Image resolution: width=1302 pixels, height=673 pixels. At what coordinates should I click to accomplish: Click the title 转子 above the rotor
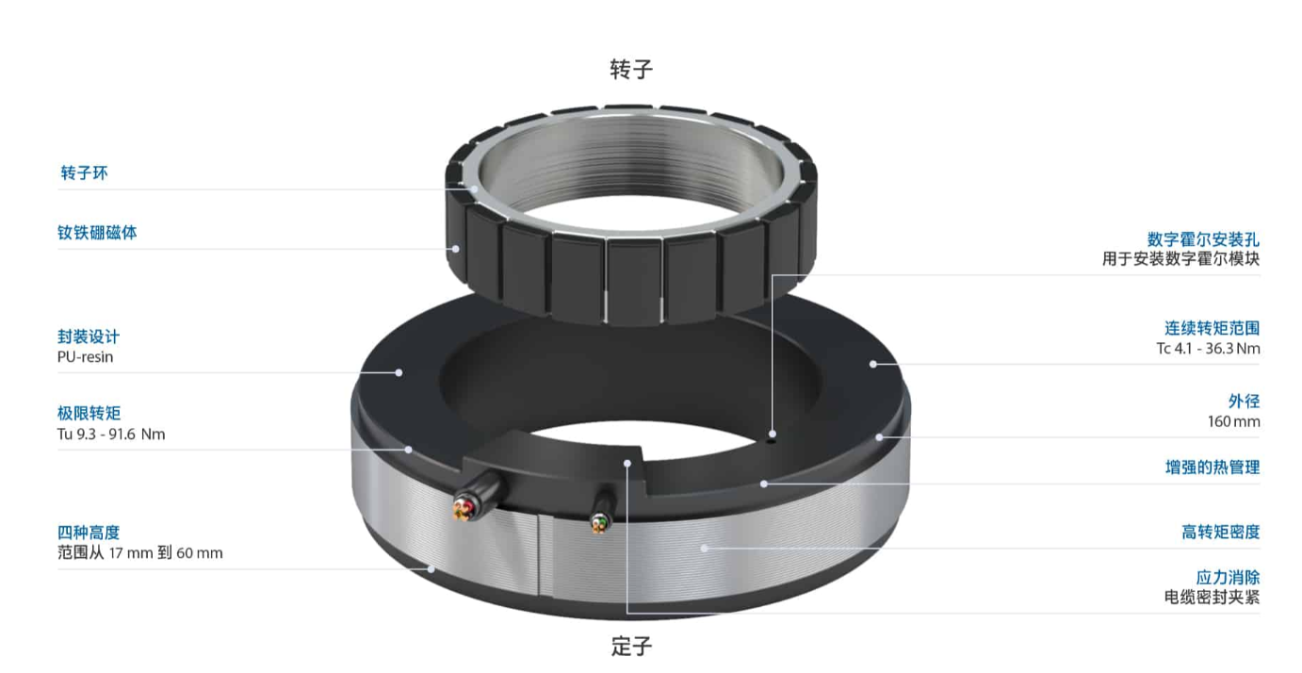[x=631, y=69]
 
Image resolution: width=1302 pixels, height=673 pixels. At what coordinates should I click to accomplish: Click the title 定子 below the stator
[x=631, y=647]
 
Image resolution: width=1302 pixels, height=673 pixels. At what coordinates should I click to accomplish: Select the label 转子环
[x=84, y=172]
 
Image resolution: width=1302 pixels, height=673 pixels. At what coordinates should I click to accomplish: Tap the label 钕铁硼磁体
[x=97, y=233]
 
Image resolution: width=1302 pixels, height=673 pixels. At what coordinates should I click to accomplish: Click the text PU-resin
[x=85, y=356]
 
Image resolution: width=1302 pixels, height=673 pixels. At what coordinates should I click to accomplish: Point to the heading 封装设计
[x=89, y=336]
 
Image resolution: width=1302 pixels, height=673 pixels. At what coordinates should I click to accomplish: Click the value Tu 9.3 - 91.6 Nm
[x=111, y=434]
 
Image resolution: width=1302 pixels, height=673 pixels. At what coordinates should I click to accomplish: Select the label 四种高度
[x=89, y=533]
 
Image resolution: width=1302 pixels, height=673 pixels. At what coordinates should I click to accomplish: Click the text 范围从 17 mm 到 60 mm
[x=140, y=552]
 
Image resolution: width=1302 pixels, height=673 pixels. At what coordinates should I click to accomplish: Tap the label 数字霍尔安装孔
[x=1203, y=239]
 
